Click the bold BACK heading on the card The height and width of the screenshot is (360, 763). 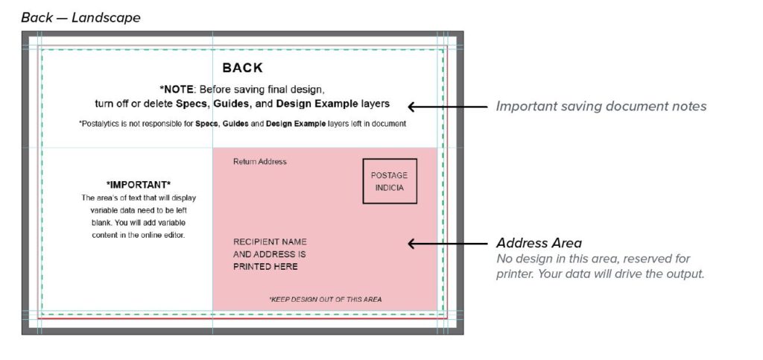pos(242,68)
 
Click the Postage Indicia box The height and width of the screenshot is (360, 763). pos(390,181)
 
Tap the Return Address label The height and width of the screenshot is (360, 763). pos(260,162)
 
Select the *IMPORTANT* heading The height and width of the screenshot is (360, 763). pos(139,185)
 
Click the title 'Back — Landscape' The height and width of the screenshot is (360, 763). pos(80,18)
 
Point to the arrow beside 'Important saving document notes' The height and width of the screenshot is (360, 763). pos(447,107)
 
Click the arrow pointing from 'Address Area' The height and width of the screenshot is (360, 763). pos(447,243)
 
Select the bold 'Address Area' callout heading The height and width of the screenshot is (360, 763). pos(539,243)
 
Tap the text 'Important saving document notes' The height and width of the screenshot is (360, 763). pos(601,107)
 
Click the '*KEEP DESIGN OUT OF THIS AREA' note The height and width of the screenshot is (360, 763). pos(326,299)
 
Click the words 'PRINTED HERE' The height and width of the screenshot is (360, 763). pos(265,267)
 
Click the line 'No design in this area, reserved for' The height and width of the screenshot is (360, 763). pos(593,259)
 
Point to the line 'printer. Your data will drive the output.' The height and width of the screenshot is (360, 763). pos(600,274)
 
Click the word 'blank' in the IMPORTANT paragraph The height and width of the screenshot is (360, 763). pos(101,223)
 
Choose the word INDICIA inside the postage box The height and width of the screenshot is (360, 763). pos(390,188)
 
